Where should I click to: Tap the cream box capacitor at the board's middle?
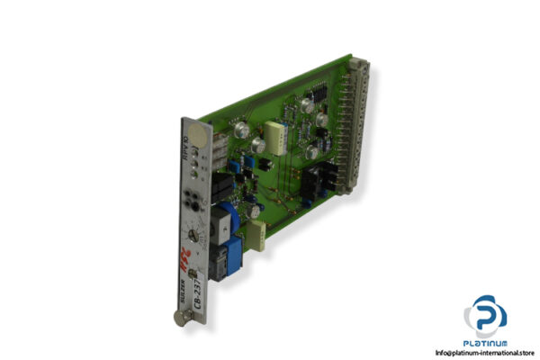coord(277,131)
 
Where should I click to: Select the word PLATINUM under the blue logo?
coord(486,344)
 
